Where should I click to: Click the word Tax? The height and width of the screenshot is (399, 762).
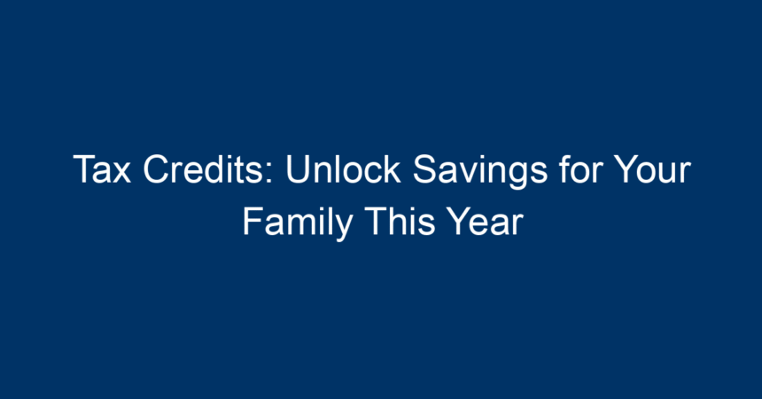pos(102,169)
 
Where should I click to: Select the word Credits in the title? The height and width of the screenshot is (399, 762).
pos(203,169)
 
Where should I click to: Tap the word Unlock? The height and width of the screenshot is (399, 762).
pos(343,168)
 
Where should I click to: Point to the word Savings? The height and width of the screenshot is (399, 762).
pos(480,171)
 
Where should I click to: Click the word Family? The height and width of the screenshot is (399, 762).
pos(298,223)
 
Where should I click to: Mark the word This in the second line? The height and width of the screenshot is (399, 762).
pos(400,221)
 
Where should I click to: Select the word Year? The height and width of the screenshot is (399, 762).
pos(485,222)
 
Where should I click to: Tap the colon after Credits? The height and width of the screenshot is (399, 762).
pos(269,174)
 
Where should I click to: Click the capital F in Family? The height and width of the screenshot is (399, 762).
pos(253,222)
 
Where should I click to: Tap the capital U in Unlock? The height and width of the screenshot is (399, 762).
pos(297,169)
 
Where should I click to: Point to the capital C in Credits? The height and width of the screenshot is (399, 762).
pos(156,169)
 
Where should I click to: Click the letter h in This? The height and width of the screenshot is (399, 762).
pos(396,221)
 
